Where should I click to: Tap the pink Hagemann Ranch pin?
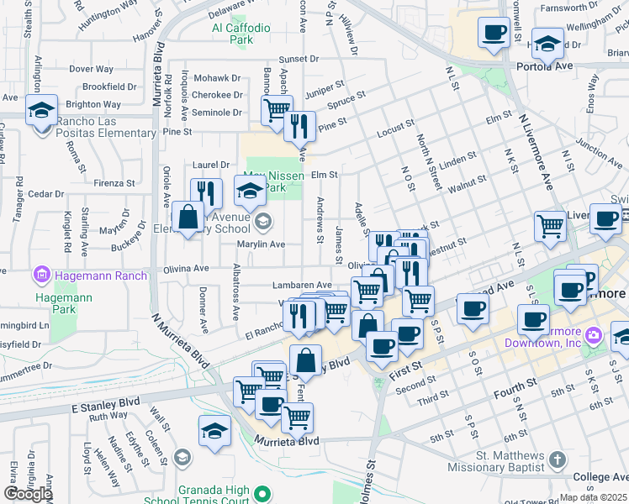(40, 275)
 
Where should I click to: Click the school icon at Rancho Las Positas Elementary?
(40, 110)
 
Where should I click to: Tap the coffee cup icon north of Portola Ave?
(494, 33)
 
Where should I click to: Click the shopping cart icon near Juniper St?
(276, 109)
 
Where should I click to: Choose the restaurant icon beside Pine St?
(299, 126)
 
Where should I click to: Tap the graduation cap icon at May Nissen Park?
(250, 192)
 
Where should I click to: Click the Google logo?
(28, 494)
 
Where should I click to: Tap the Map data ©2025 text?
(594, 497)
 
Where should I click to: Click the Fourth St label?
(515, 384)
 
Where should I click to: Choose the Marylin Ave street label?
(261, 244)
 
